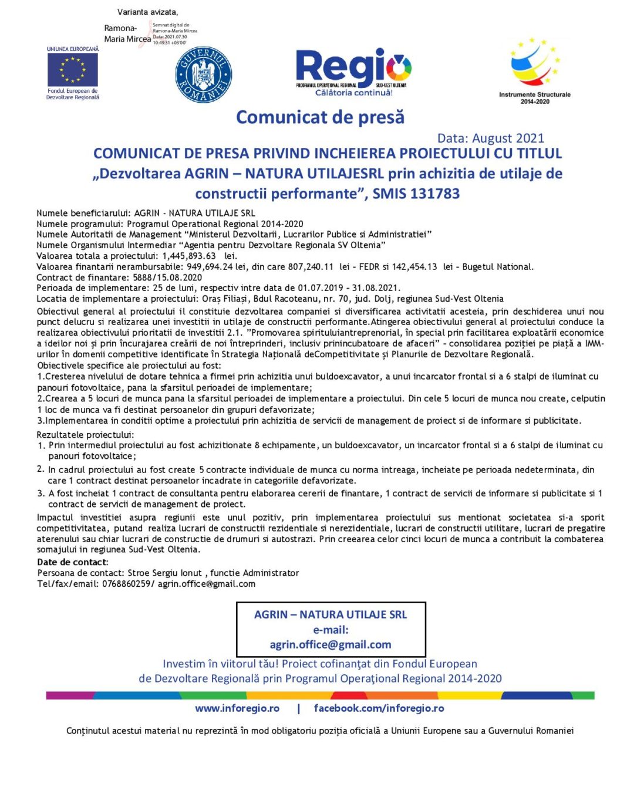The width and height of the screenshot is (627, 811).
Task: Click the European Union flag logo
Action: pos(73,70)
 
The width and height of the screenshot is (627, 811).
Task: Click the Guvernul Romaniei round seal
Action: pos(203,75)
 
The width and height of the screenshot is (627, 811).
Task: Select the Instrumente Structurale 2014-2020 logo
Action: pos(534,69)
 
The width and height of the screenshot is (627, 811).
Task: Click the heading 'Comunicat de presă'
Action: pos(320,117)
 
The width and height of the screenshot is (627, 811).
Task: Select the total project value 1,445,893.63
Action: pos(189,256)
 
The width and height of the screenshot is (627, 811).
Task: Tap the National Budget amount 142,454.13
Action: pos(414,267)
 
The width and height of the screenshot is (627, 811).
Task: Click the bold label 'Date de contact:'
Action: pos(73,562)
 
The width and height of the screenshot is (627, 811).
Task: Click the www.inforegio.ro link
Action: pos(237,708)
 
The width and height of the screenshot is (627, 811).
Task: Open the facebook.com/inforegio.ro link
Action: pos(379,708)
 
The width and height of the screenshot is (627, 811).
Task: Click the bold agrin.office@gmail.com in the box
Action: pos(331,644)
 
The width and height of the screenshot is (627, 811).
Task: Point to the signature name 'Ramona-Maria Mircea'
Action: pos(127,33)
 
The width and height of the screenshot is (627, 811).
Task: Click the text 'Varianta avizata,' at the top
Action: pos(147,12)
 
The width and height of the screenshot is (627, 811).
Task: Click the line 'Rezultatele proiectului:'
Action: pos(86,435)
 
